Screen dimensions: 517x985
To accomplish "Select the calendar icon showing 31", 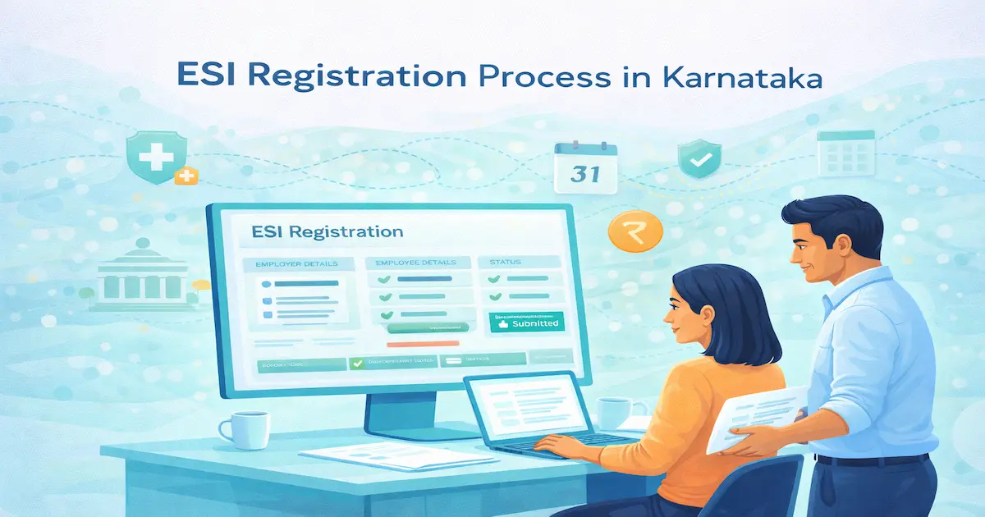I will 585,167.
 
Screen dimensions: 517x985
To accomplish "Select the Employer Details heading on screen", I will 291,264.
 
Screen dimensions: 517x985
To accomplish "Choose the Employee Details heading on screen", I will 417,263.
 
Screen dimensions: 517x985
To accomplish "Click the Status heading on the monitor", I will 505,263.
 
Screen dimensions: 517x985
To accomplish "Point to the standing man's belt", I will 874,459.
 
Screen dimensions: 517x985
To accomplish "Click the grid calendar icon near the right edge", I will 845,153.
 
